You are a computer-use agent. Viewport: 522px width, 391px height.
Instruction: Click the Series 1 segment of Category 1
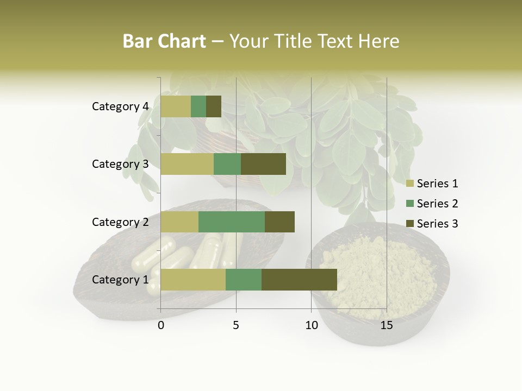193,280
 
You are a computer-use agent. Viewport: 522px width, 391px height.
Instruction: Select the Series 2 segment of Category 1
244,280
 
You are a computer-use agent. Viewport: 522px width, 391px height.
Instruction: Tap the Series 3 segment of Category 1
299,280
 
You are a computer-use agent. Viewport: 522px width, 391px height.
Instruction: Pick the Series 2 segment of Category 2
232,222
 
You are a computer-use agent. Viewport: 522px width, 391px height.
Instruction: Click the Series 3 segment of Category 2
279,222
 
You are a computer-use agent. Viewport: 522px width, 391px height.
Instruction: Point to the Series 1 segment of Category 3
187,164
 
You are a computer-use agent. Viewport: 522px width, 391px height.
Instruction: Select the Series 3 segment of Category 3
263,164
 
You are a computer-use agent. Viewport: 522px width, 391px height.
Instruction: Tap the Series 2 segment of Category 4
198,106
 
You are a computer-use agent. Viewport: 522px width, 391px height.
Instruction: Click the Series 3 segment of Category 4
214,106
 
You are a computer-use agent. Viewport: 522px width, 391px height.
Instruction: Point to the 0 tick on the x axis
161,325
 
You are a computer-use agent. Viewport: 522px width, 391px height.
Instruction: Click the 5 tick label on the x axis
236,325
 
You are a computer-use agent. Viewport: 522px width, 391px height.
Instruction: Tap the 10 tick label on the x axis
311,325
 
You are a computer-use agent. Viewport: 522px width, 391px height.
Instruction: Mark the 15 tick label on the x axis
386,325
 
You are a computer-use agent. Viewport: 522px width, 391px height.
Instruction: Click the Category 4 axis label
120,106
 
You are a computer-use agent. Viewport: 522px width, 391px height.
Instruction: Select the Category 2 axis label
120,222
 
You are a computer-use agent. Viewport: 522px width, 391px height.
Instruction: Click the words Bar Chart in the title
164,41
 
